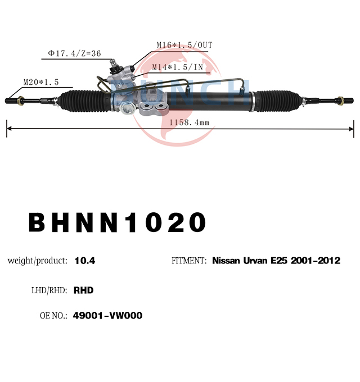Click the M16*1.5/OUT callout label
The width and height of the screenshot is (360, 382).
point(184,45)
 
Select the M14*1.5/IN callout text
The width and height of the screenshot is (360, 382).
point(178,67)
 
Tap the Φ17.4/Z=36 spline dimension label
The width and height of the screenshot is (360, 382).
point(74,53)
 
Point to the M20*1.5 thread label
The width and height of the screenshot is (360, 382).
point(41,82)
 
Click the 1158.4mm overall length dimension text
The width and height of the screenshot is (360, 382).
point(190,122)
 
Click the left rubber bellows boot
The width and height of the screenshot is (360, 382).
point(84,101)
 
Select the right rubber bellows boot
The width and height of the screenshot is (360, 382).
point(276,101)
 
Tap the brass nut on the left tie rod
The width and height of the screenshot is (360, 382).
point(21,101)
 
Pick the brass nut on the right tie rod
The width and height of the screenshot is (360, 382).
point(340,101)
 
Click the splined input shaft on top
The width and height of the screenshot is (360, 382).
point(112,64)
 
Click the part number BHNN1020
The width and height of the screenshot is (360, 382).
point(118,222)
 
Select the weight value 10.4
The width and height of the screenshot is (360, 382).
point(85,261)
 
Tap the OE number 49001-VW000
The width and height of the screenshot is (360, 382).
point(107,316)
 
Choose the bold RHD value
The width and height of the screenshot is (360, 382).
point(84,290)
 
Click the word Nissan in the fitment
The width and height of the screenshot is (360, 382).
point(226,261)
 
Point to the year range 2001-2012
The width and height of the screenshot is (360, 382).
point(316,261)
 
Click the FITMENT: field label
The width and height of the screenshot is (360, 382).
point(189,261)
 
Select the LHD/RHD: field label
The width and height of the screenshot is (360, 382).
point(49,290)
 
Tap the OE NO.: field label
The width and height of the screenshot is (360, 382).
point(53,316)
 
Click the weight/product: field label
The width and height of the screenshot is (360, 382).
point(38,261)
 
